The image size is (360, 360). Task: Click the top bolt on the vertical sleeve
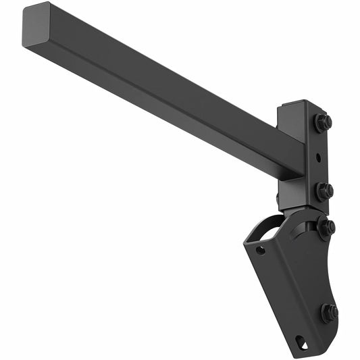point(322,123)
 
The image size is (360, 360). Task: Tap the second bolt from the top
point(324,190)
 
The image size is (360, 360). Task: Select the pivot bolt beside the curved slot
point(326,227)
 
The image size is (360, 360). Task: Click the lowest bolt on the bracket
point(329,313)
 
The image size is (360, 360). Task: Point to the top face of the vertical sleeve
point(295,106)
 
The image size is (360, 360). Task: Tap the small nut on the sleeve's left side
point(278,199)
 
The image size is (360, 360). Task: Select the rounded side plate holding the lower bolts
point(324,270)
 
